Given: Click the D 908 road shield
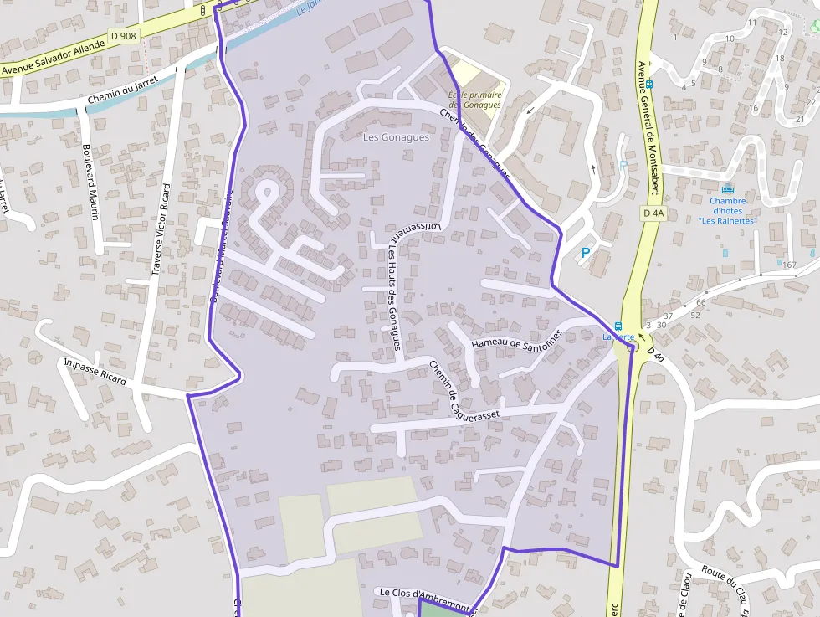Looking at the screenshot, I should coord(123,36).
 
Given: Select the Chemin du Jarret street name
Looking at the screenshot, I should coord(122,100).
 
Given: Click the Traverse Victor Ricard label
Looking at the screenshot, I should coord(161,229).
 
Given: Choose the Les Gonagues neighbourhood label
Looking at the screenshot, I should coord(396,137).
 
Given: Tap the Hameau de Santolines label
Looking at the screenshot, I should coord(517,339).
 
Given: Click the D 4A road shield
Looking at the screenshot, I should coord(653,213).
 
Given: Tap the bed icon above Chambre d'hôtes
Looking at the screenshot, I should coord(726,188).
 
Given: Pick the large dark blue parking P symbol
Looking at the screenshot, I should coord(585,252).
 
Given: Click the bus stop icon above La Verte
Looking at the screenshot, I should coord(618,326).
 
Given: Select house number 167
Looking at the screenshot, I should coord(789,265).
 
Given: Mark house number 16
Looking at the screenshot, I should coord(753,108).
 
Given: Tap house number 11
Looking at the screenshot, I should coord(752,23).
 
